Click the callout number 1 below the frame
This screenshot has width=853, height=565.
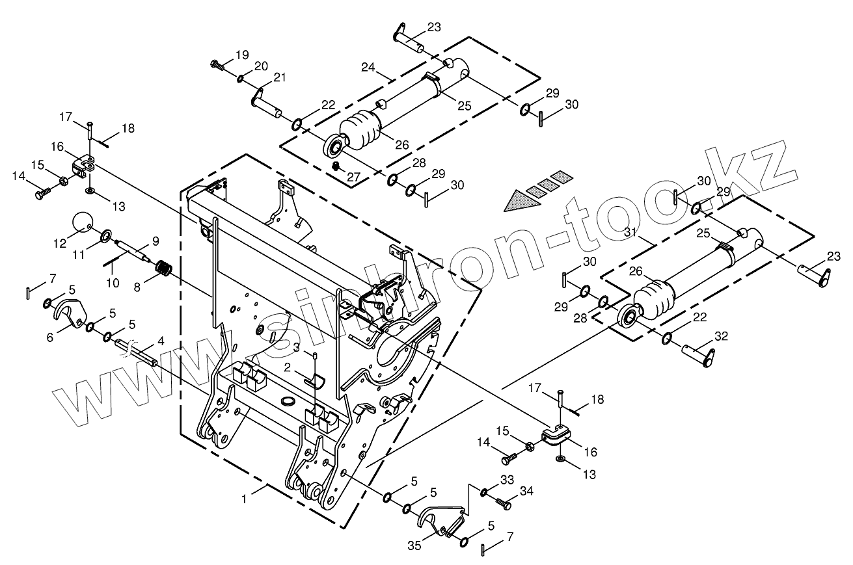[x=244, y=499]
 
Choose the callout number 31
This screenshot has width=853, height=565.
[x=630, y=233]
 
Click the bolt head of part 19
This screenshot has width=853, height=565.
[x=216, y=64]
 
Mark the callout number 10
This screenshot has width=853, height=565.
[x=113, y=283]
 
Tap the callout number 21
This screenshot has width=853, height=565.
[x=280, y=77]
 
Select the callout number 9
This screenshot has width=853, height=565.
[x=155, y=241]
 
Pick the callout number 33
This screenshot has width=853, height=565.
[x=507, y=480]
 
